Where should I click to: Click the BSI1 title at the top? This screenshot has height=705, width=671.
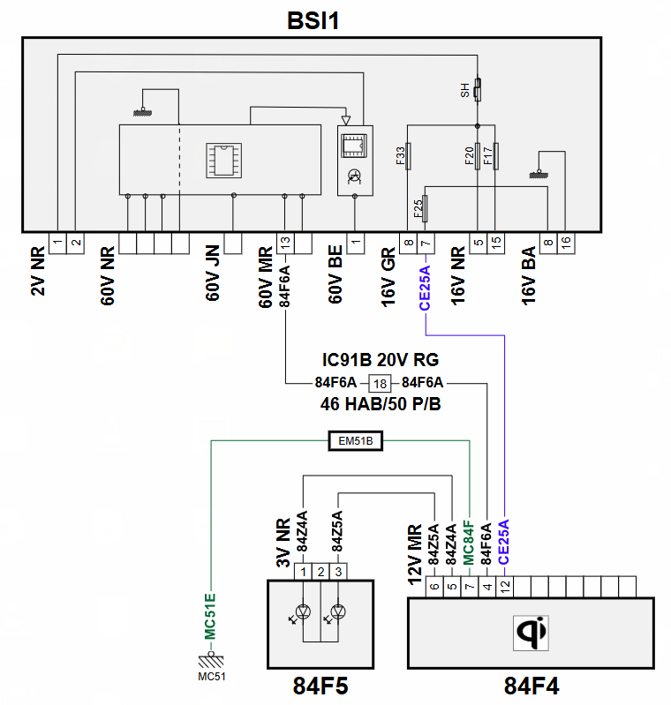(x=313, y=20)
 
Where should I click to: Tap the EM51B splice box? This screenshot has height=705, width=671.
(x=356, y=441)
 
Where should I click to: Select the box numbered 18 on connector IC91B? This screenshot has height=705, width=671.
(x=380, y=384)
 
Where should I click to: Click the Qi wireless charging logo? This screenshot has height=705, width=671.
(x=531, y=633)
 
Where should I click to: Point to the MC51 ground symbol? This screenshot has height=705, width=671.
(x=211, y=661)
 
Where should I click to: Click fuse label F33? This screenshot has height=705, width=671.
(x=401, y=156)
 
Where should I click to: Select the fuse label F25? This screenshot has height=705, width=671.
(x=418, y=208)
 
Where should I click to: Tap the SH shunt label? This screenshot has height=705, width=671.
(x=465, y=90)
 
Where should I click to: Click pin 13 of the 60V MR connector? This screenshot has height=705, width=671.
(x=285, y=244)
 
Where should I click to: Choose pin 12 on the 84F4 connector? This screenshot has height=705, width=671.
(x=504, y=586)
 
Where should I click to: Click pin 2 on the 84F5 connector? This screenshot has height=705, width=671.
(x=320, y=572)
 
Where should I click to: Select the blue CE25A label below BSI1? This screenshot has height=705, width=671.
(x=425, y=288)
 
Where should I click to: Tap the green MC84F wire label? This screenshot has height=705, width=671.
(x=469, y=543)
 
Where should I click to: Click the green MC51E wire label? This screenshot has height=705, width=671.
(x=210, y=617)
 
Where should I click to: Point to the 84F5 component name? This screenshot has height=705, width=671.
(x=320, y=686)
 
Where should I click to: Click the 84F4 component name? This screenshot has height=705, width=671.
(x=532, y=686)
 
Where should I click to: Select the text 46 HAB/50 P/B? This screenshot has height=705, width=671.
(x=381, y=404)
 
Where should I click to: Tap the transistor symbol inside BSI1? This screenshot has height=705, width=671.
(x=355, y=176)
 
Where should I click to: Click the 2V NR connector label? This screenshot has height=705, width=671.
(x=38, y=271)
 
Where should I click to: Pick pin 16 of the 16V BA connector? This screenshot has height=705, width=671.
(x=566, y=244)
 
